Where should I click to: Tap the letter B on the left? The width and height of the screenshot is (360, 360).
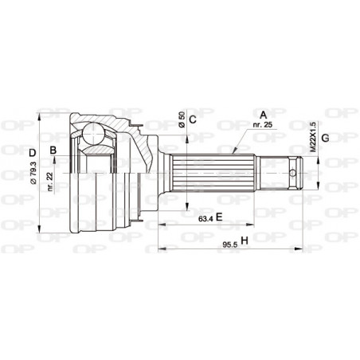53,150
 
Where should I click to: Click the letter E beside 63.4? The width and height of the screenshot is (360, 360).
217,217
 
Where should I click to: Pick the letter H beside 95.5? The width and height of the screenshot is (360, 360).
245,239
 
